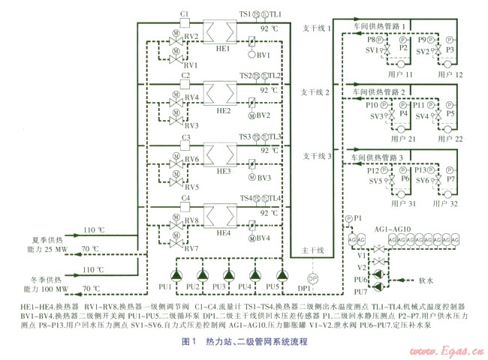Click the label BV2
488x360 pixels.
263,116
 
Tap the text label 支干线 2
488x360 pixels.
316,92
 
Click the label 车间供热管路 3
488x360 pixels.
379,157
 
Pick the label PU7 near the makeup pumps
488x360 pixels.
360,291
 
